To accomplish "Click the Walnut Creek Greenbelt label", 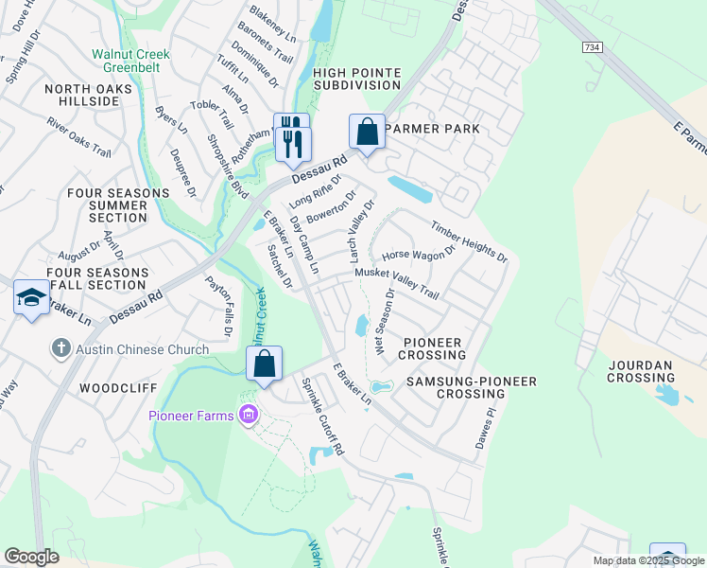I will click(130, 62).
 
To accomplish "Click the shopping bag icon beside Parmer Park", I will click(367, 132).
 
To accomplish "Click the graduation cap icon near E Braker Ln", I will click(31, 298).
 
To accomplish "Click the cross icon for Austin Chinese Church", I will click(62, 349).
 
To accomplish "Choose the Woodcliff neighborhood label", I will click(111, 388).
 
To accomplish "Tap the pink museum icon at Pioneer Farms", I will click(249, 414).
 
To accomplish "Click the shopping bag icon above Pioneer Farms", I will click(265, 364).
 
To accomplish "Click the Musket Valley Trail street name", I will click(397, 283).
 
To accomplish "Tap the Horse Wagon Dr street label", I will click(419, 254).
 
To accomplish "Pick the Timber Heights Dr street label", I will click(470, 241).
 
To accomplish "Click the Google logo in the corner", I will click(31, 557).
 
